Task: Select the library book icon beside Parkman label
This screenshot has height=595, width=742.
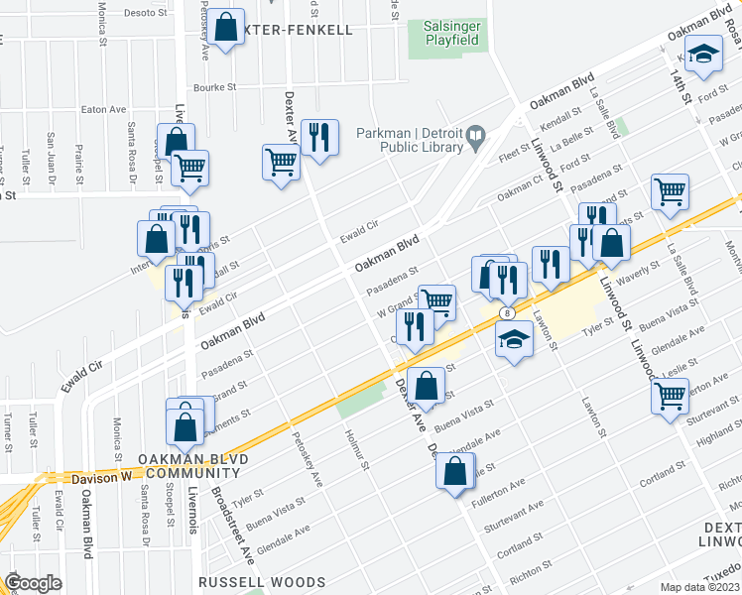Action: pos(476,135)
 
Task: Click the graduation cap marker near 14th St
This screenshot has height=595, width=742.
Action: pos(703,56)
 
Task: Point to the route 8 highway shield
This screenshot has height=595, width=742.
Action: pos(509,312)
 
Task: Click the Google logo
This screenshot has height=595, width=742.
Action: pos(33,583)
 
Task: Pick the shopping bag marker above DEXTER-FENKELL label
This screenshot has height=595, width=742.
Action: pos(226,29)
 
